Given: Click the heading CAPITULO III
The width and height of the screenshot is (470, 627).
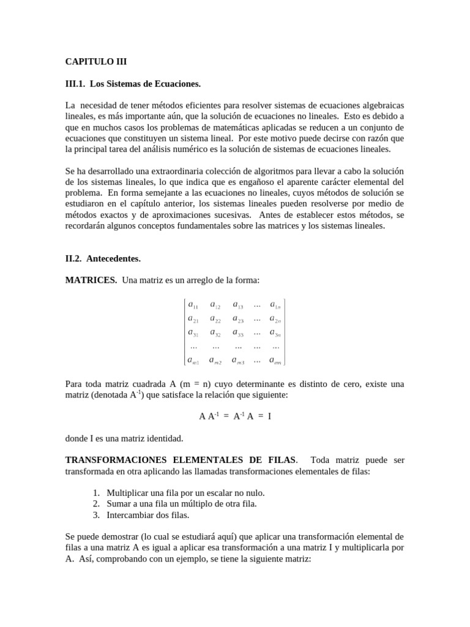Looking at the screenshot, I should coord(96,62).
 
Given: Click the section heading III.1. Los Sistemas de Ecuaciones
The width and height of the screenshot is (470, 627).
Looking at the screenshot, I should coord(133,83).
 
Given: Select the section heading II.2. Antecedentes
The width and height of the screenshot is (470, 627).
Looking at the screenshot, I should coord(103,258).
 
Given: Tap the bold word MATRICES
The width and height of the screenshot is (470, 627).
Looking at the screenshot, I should coord(91,280).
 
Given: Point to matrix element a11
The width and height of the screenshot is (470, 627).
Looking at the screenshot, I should coord(193,305).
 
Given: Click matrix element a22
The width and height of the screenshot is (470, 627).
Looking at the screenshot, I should coord(215,318).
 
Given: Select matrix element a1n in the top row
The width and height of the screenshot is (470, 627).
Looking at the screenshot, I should coord(275,305).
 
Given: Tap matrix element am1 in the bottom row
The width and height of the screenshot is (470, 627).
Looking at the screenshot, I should coord(193,360).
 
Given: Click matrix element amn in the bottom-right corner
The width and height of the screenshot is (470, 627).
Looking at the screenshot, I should coord(275,360).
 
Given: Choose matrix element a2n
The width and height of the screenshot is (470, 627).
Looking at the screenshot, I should coord(275,318).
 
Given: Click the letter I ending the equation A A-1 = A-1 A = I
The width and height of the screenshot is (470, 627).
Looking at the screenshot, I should coord(269,416).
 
